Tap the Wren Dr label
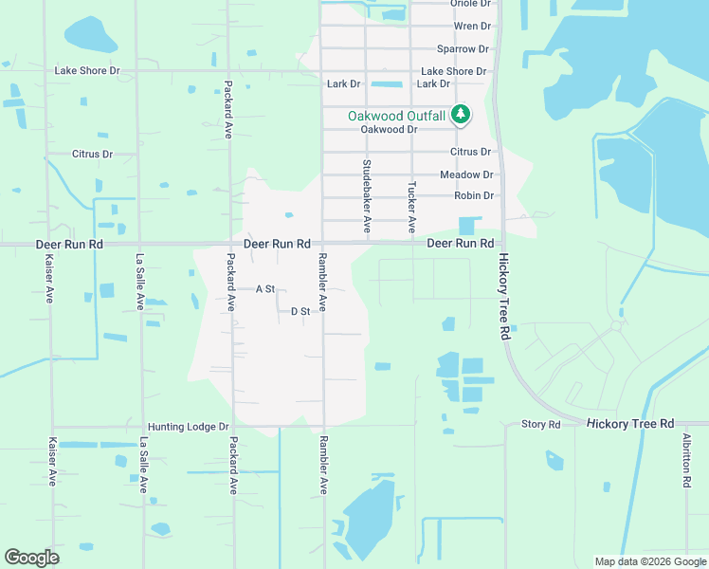click(472, 27)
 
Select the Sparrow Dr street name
click(463, 48)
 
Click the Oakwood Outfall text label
click(396, 116)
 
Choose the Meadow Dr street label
click(466, 174)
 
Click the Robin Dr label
click(474, 196)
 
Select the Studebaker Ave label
click(367, 197)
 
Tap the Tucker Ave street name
click(412, 207)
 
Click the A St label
click(265, 288)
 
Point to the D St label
click(300, 311)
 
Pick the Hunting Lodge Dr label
click(189, 428)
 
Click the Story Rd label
click(541, 424)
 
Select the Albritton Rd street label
click(686, 461)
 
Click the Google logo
click(31, 558)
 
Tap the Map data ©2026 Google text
click(650, 561)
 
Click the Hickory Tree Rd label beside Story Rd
click(629, 423)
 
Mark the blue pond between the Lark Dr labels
click(387, 84)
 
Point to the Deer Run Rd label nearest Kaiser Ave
click(68, 244)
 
